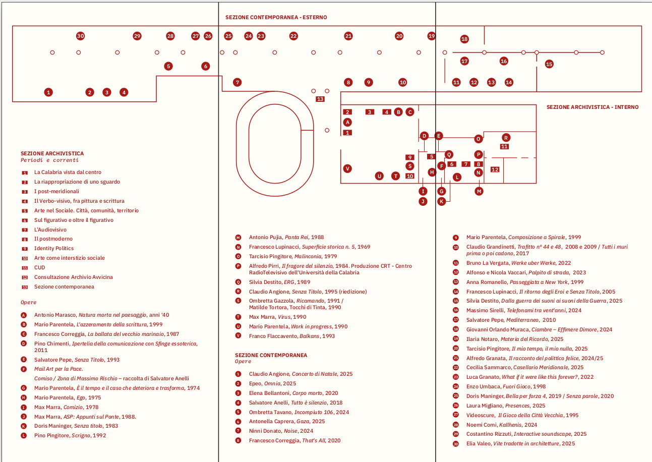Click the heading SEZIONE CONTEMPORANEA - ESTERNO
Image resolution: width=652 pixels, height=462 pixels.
[276, 17]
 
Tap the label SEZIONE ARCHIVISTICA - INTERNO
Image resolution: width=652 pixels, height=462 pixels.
[592, 107]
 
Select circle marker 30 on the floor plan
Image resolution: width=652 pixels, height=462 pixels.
[80, 36]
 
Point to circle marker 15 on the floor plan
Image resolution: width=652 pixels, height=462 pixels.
[549, 64]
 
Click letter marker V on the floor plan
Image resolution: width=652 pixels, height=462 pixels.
[347, 168]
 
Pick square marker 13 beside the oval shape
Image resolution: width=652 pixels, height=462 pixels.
[320, 99]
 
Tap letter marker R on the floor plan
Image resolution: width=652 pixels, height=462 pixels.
[506, 137]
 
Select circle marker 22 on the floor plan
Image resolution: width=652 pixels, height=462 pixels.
[293, 36]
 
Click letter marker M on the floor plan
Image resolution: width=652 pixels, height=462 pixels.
[479, 191]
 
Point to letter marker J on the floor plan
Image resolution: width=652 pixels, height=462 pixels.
[423, 201]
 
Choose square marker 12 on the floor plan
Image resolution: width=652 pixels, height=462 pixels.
[495, 169]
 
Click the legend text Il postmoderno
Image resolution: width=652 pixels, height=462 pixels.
[53, 239]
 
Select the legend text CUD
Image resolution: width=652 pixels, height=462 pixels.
[40, 268]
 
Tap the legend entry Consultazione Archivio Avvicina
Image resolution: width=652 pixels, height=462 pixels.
[74, 277]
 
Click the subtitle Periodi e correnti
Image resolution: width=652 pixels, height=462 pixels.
[49, 160]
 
